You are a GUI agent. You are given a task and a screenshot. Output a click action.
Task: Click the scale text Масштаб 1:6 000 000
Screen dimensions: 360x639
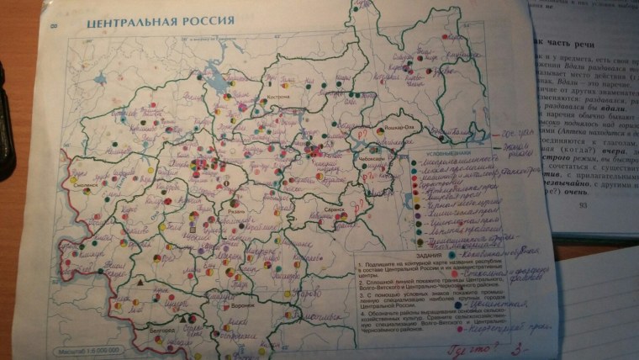pos(89,348)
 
